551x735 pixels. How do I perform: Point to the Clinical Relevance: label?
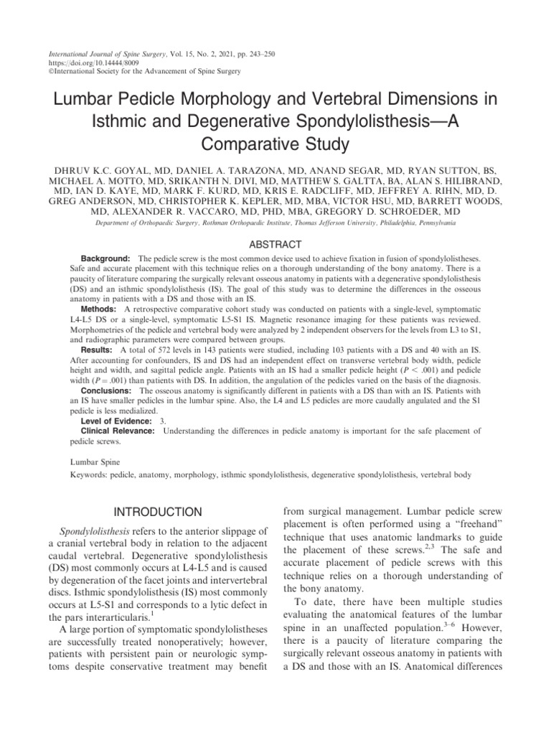coord(118,431)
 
